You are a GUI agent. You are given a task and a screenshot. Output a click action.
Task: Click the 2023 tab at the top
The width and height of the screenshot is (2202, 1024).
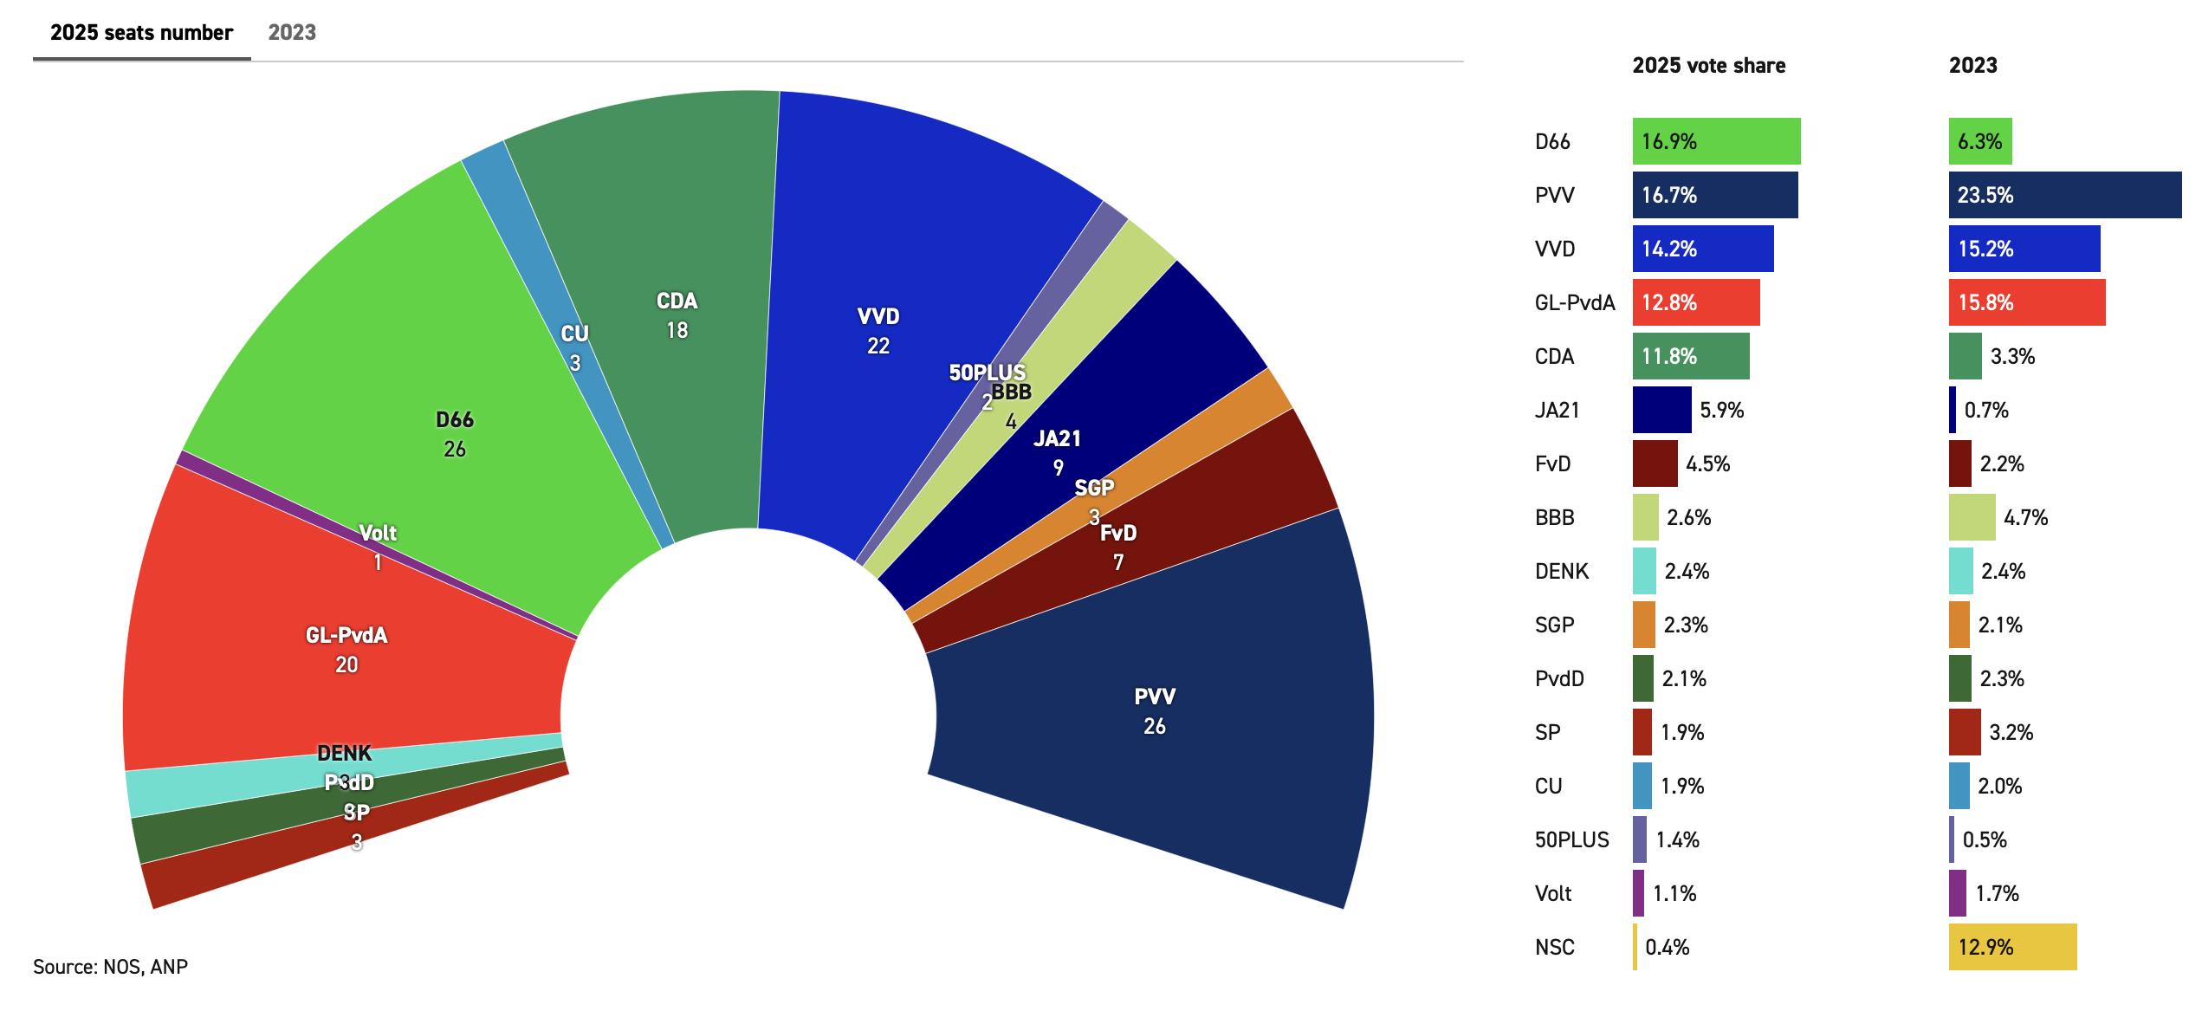coord(292,33)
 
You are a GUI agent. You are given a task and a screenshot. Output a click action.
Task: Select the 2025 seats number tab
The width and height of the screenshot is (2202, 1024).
coord(141,33)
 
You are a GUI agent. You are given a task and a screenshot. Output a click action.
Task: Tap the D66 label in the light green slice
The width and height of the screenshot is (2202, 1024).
coord(454,420)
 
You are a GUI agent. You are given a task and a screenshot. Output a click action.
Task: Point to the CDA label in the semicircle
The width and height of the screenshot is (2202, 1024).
coord(677,301)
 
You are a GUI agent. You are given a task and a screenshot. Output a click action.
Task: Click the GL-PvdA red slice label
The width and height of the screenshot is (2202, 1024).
coord(346,636)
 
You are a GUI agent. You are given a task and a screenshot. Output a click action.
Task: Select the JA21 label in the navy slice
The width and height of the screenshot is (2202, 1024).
coord(1057,439)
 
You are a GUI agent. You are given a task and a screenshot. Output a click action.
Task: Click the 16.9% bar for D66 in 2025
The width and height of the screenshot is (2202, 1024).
coord(1716,141)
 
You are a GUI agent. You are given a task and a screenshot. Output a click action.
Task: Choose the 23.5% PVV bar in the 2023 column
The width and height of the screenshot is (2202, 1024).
coord(2064,195)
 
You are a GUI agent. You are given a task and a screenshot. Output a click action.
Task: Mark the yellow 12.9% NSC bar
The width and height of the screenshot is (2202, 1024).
coord(2012,947)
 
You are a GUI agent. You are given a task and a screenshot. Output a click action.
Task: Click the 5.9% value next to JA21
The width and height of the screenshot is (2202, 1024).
coord(1721,410)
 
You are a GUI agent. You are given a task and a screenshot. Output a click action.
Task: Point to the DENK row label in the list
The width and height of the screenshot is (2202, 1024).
coord(1562,571)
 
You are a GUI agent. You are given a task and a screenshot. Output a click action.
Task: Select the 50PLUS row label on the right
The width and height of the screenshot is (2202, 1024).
coord(1571,839)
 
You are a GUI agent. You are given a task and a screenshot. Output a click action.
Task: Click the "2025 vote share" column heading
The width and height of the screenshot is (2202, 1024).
coord(1708,66)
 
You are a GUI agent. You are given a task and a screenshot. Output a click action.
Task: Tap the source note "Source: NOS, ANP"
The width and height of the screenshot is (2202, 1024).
coord(110,967)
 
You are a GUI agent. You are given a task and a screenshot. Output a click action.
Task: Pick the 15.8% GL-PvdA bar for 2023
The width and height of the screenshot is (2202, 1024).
coord(2026,302)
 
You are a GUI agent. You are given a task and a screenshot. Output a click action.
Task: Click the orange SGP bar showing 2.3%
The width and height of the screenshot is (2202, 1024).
coord(1643,625)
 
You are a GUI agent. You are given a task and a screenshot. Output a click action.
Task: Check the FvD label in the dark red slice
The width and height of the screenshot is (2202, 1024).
coord(1117,534)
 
